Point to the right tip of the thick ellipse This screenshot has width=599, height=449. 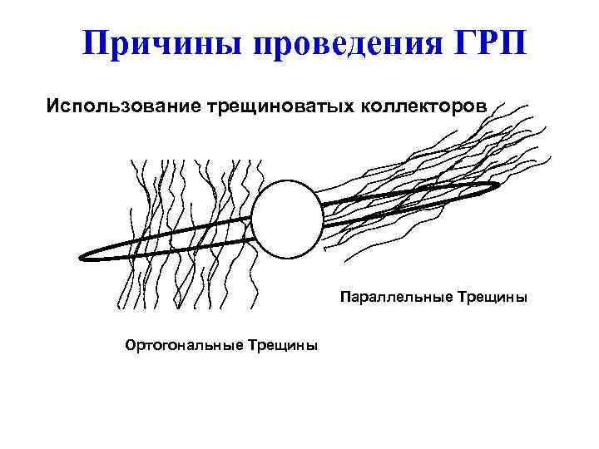click(x=498, y=187)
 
